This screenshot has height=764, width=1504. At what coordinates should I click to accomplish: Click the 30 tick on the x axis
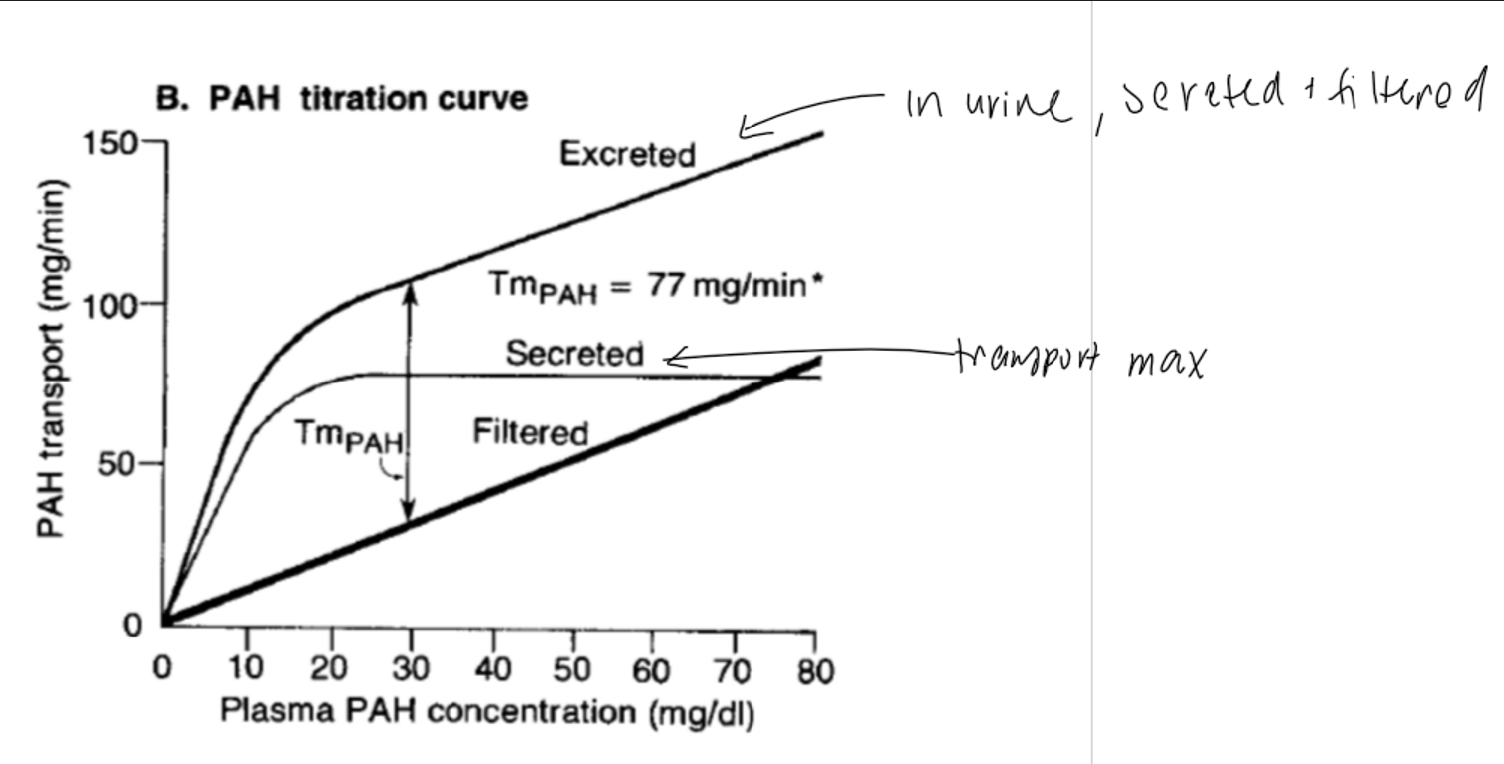(409, 669)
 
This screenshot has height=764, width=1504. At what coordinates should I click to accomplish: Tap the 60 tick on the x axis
(653, 669)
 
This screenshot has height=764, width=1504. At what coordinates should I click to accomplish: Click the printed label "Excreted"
(627, 155)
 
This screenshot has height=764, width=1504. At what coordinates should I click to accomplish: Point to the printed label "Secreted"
(575, 354)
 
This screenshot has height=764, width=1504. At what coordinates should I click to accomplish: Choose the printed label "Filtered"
(530, 432)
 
